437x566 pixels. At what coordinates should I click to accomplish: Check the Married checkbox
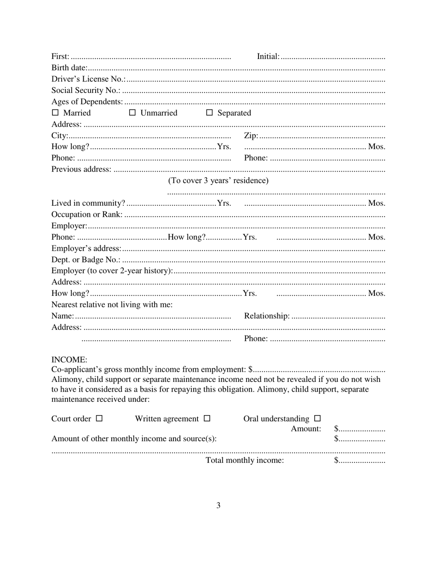click(x=55, y=113)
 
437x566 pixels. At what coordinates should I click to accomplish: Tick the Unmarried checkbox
click(x=132, y=113)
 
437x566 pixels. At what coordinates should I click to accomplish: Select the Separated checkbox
click(x=210, y=113)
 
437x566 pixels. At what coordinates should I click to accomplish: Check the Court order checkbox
click(x=99, y=419)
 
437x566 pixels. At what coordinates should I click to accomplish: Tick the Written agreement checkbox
click(x=207, y=419)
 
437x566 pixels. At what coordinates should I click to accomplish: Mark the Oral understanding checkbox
click(x=317, y=419)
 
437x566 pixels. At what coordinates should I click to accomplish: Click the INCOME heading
click(x=69, y=359)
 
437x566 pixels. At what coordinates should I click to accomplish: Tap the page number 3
click(x=218, y=505)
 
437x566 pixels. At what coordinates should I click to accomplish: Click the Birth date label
click(x=69, y=68)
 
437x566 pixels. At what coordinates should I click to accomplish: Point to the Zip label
click(x=251, y=136)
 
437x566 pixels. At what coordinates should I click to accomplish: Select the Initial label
click(x=268, y=57)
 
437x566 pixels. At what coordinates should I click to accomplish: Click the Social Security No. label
click(x=86, y=91)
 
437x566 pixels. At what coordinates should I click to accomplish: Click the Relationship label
click(x=267, y=316)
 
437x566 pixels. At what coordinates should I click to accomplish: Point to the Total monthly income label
click(x=245, y=461)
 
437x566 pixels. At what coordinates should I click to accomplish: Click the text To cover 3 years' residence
click(x=218, y=180)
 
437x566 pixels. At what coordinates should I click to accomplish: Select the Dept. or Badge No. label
click(x=86, y=260)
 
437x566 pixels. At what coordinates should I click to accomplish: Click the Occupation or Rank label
click(x=87, y=214)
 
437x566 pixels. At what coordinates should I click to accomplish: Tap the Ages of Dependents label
click(x=87, y=102)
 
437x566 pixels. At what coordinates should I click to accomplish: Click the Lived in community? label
click(x=88, y=203)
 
